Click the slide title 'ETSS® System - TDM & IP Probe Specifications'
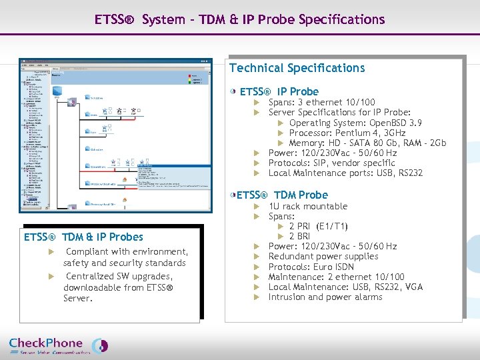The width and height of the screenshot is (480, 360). pos(239,19)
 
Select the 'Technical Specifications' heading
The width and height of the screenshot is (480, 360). pos(297,68)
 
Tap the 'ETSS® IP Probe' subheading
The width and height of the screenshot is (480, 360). pos(279,91)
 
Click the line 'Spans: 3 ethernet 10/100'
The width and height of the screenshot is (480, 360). pos(321,103)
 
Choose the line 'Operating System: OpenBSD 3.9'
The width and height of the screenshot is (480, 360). pos(355,123)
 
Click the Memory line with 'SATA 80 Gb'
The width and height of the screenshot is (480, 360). pos(367,143)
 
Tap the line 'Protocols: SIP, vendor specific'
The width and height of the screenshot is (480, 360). pos(331,163)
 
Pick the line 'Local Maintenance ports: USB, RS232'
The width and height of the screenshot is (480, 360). pos(345,173)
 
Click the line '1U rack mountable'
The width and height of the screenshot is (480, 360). pos(307,206)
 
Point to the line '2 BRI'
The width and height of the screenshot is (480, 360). pos(299,236)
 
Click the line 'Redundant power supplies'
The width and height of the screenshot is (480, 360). pos(323,257)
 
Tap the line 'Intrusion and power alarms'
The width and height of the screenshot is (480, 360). pos(325,297)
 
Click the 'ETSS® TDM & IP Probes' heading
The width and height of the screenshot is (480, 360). pos(83,237)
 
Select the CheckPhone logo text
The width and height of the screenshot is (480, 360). pos(47,343)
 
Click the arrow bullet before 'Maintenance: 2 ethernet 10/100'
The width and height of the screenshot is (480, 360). pos(256,277)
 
